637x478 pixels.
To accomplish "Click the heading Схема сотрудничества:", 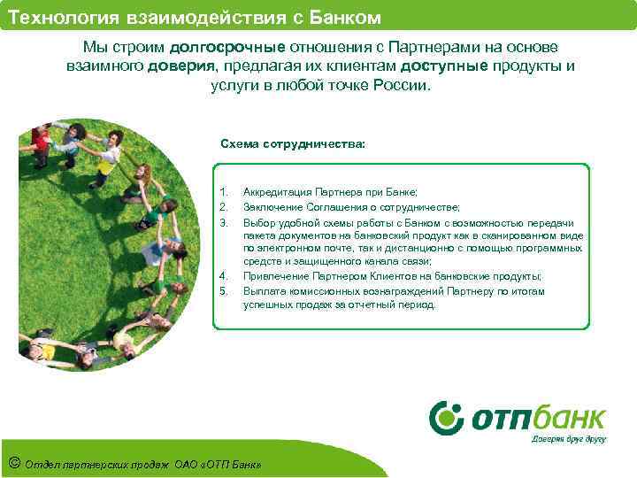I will (279, 143).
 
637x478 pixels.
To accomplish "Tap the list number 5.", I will (223, 290).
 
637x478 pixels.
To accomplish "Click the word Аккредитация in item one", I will (277, 191).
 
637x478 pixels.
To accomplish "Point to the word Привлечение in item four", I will (273, 276).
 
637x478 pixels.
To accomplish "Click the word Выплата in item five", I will (263, 290).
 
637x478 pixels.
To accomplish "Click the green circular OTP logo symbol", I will (446, 417).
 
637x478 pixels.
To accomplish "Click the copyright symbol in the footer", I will (13, 463).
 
